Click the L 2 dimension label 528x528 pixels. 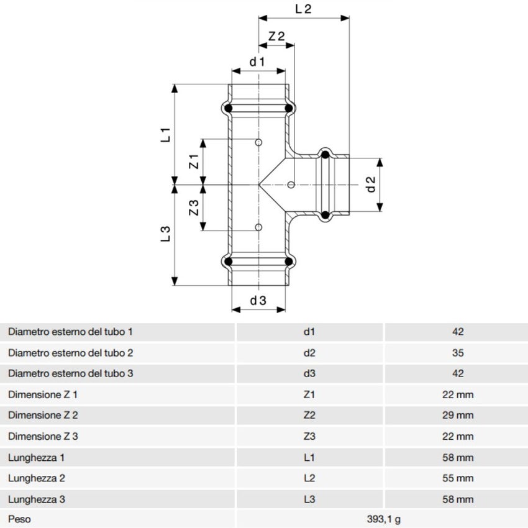[303, 9]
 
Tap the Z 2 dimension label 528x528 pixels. [276, 36]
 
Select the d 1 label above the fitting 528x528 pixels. [257, 61]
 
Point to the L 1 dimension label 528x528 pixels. [165, 135]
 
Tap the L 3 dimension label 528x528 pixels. [165, 234]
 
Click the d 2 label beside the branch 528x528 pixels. [371, 184]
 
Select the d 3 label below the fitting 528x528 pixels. [258, 301]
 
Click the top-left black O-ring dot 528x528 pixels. [229, 109]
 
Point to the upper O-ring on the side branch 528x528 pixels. [324, 154]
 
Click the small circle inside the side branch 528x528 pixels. [291, 184]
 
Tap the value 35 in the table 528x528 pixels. [458, 353]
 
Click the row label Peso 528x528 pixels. [19, 518]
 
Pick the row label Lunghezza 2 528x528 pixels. [37, 478]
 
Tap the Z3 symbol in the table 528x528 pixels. [309, 436]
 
